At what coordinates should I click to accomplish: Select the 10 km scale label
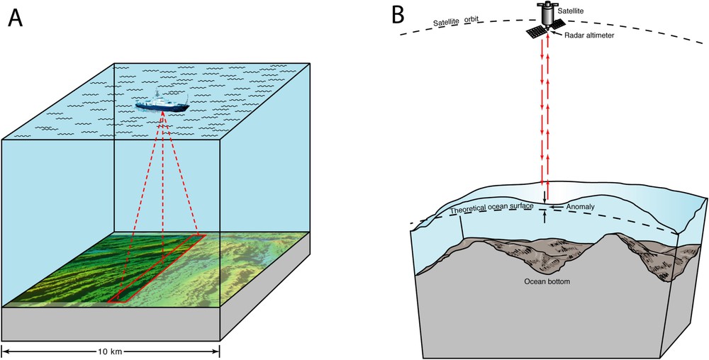click(x=111, y=351)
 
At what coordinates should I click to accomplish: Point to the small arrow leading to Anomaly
click(x=557, y=206)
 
